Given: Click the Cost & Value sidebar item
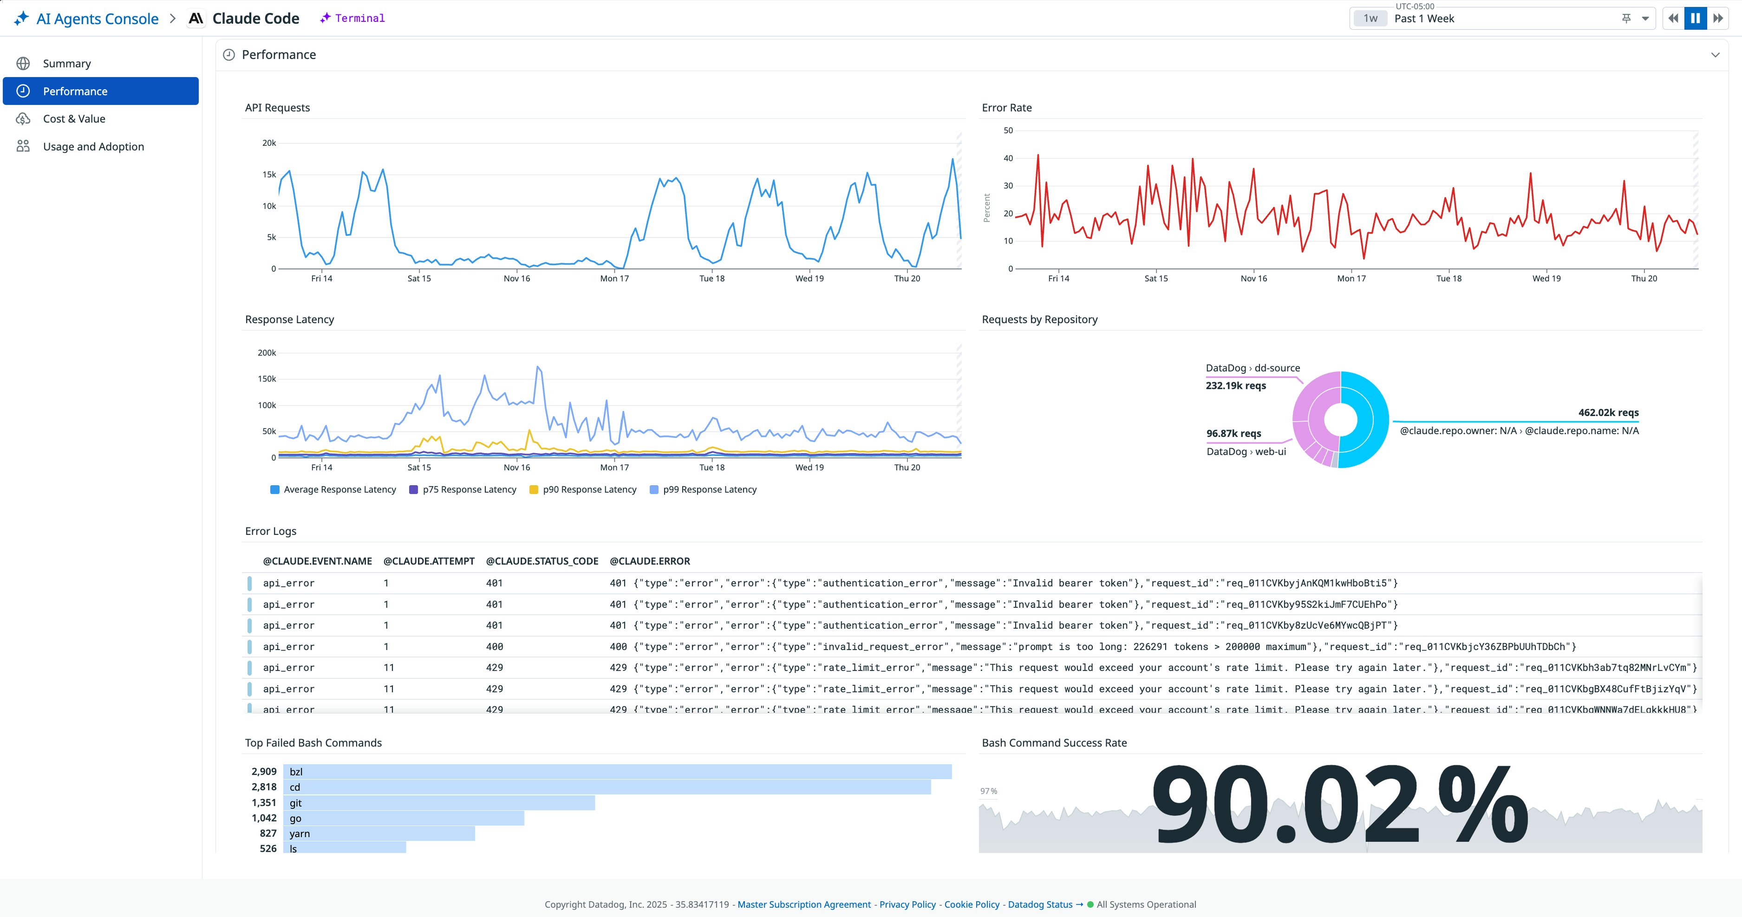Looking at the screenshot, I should pyautogui.click(x=74, y=119).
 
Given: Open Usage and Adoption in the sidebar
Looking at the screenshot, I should pyautogui.click(x=93, y=147).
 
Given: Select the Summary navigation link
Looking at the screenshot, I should pyautogui.click(x=66, y=64).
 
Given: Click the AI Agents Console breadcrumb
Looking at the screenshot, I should pyautogui.click(x=97, y=19).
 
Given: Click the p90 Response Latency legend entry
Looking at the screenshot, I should pyautogui.click(x=589, y=489).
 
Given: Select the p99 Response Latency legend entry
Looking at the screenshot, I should pyautogui.click(x=709, y=489).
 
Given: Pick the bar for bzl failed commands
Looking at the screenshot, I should pyautogui.click(x=617, y=772).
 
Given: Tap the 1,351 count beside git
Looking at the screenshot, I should pyautogui.click(x=264, y=803).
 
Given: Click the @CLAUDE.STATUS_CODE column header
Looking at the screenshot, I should pyautogui.click(x=542, y=561).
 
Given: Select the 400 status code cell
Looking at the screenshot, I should pyautogui.click(x=494, y=646).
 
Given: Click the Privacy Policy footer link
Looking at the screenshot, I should pyautogui.click(x=907, y=905).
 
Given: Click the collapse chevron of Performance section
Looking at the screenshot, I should pyautogui.click(x=1715, y=55).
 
